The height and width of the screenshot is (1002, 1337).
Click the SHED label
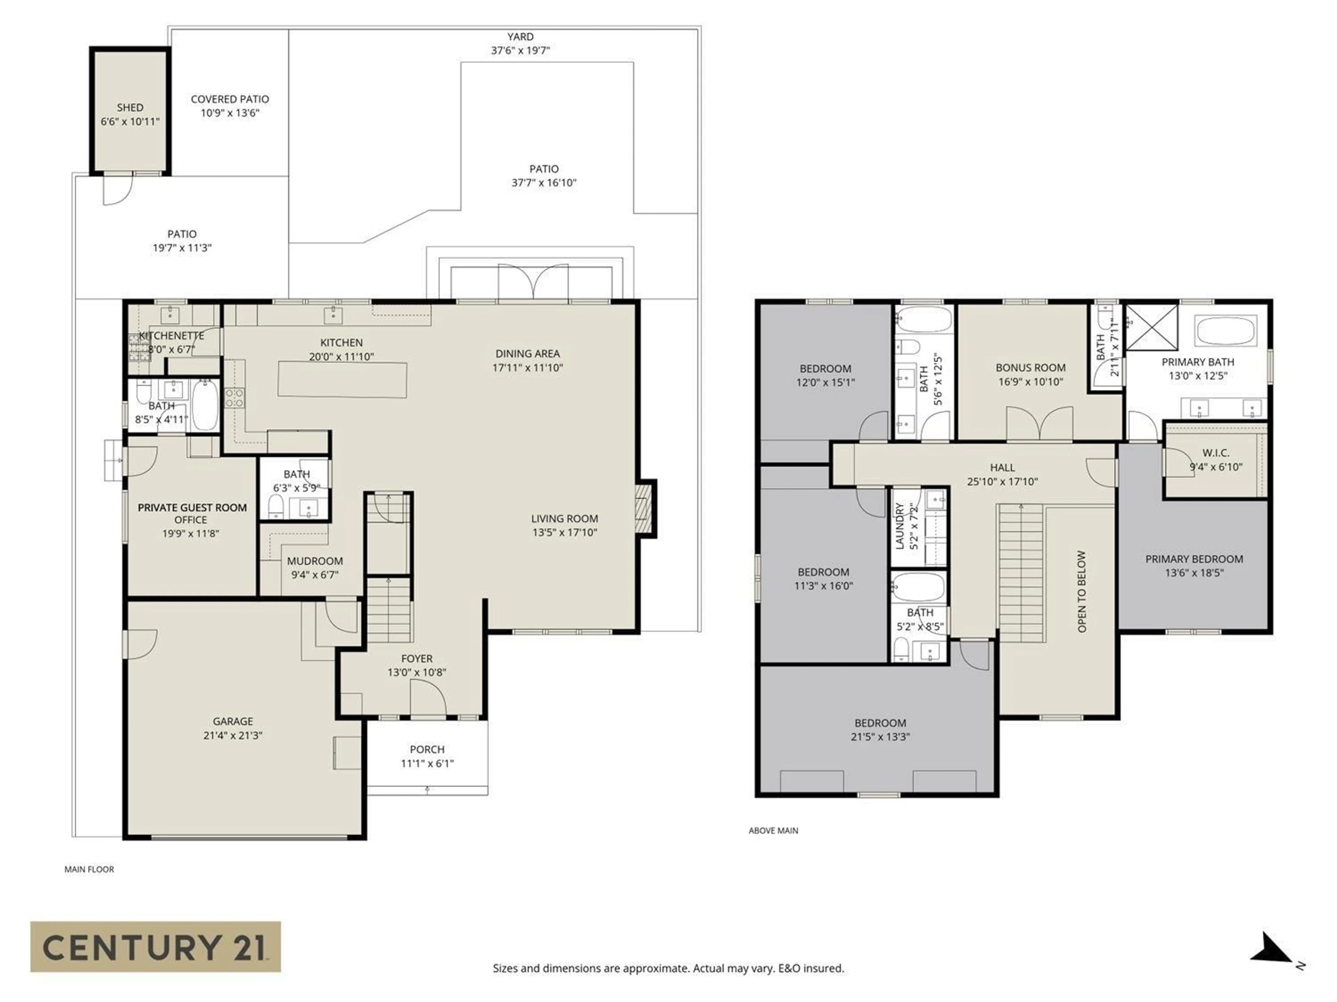[x=130, y=108]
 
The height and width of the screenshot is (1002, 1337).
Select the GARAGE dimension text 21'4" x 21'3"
[x=233, y=735]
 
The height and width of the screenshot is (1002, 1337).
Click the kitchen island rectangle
[x=342, y=379]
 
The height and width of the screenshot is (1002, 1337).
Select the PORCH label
[x=427, y=749]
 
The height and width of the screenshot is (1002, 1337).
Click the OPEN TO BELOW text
[x=1082, y=591]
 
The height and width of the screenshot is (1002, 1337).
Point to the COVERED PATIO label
[x=230, y=99]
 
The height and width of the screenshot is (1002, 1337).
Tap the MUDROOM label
[x=314, y=560]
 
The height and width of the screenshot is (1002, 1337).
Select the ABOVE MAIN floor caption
[x=773, y=830]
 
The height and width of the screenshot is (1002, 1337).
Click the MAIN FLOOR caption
[x=89, y=869]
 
